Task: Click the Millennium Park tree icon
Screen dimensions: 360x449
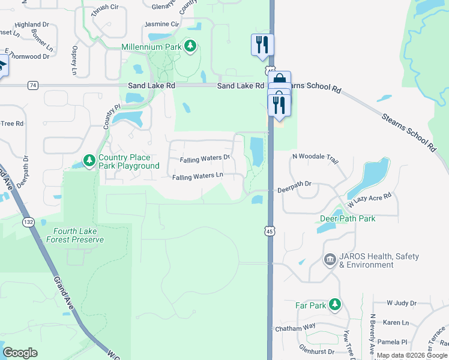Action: [x=191, y=46]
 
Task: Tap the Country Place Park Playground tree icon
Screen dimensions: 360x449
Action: [x=89, y=160]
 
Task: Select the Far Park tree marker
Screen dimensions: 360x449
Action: [x=335, y=305]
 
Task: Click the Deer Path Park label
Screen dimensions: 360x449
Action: [x=348, y=218]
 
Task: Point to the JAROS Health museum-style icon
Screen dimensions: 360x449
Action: [x=330, y=260]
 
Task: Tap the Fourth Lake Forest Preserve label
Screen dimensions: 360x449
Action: [x=79, y=235]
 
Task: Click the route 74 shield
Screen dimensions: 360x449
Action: [x=32, y=86]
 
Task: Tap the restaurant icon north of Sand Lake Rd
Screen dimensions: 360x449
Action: [x=262, y=44]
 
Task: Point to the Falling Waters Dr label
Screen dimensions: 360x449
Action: [x=205, y=158]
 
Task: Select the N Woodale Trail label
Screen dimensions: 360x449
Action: [x=315, y=157]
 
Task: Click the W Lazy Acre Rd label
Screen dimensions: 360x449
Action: [x=368, y=198]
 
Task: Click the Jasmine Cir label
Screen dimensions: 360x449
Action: [x=162, y=25]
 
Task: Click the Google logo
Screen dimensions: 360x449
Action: [x=20, y=353]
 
